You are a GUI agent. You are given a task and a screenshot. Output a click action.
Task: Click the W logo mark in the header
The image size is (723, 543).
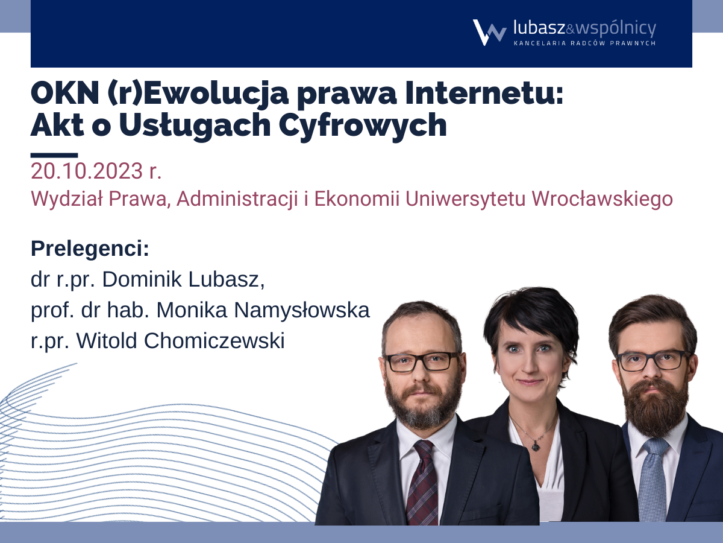point(489,33)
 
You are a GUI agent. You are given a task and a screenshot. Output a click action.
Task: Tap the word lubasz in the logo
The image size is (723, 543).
point(539,28)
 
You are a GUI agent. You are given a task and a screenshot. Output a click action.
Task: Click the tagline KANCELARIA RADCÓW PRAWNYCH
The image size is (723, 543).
point(584,43)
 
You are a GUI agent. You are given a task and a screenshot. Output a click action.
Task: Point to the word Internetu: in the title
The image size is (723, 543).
point(484,94)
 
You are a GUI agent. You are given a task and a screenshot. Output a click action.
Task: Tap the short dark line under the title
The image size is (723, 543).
point(54,155)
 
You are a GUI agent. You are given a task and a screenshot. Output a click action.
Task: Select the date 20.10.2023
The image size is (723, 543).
point(87,171)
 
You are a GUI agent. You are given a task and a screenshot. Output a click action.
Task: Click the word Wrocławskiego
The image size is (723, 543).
point(602,200)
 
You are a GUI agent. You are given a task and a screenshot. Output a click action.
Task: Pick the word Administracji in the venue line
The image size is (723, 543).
point(237,200)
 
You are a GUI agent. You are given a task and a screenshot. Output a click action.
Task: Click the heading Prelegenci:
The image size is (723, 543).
point(90,249)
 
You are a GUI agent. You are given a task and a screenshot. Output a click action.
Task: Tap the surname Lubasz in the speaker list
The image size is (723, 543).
point(227,279)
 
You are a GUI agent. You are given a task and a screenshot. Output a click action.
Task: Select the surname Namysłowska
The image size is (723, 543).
point(302,311)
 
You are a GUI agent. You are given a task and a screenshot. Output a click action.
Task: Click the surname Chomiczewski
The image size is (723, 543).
point(213,340)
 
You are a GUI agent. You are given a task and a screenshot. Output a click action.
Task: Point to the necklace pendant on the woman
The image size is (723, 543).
point(536,446)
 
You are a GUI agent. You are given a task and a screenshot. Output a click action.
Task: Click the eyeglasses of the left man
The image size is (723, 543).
point(422,362)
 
